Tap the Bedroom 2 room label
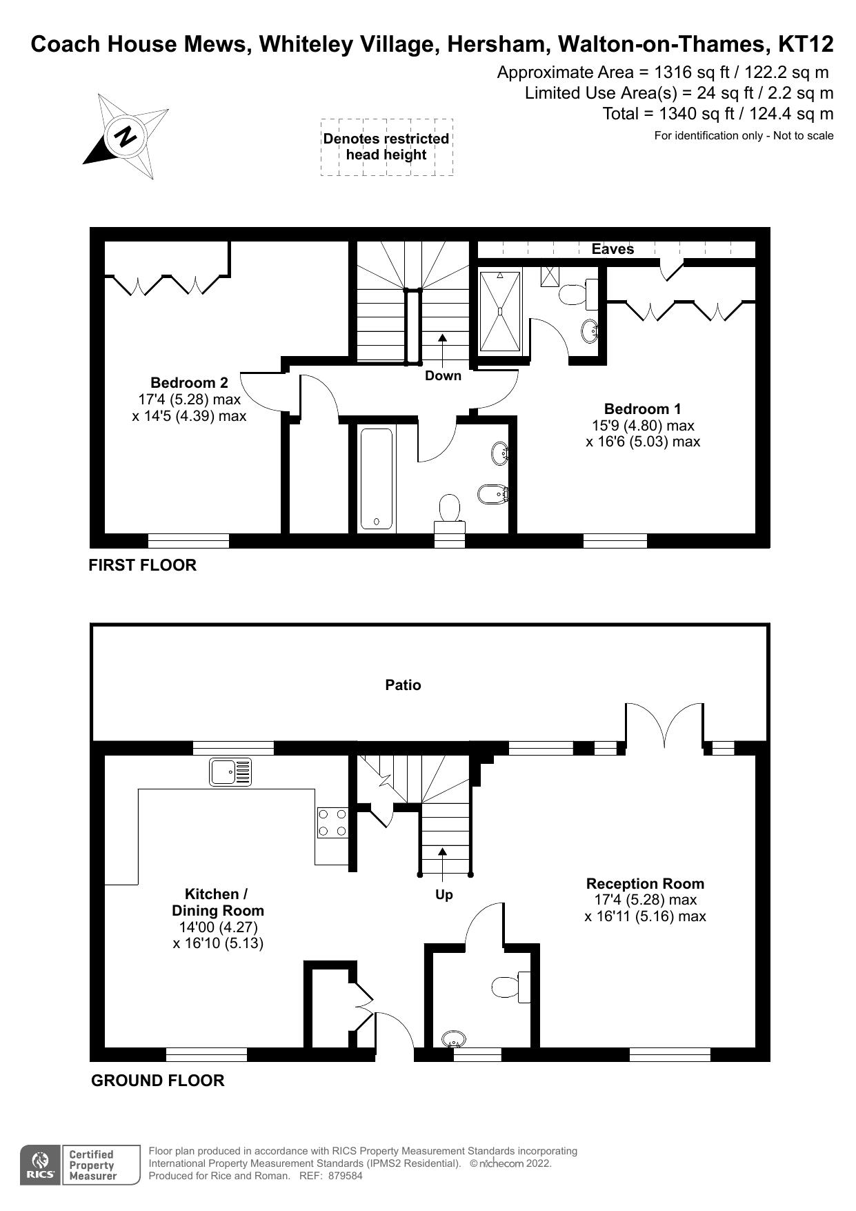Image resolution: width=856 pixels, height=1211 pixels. tap(189, 383)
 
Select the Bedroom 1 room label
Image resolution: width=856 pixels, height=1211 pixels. tap(642, 409)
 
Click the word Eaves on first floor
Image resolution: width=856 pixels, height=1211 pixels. tap(613, 249)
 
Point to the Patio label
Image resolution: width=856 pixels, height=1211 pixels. tap(403, 685)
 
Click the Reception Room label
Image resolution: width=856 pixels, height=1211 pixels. tap(645, 884)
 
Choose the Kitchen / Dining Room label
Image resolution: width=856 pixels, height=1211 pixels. tap(217, 902)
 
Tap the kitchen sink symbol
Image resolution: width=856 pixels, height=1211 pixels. tap(231, 772)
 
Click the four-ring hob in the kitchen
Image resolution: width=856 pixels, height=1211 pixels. tap(332, 823)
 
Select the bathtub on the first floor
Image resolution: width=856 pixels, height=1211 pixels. tap(377, 479)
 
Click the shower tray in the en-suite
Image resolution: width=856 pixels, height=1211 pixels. tap(500, 311)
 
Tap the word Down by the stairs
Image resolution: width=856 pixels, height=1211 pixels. tap(443, 376)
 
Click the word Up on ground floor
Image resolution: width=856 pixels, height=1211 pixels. tap(444, 895)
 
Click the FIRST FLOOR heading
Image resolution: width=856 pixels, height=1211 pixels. tap(142, 565)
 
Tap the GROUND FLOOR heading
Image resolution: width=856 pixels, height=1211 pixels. tap(157, 1081)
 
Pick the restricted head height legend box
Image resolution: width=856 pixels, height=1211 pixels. tap(386, 147)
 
